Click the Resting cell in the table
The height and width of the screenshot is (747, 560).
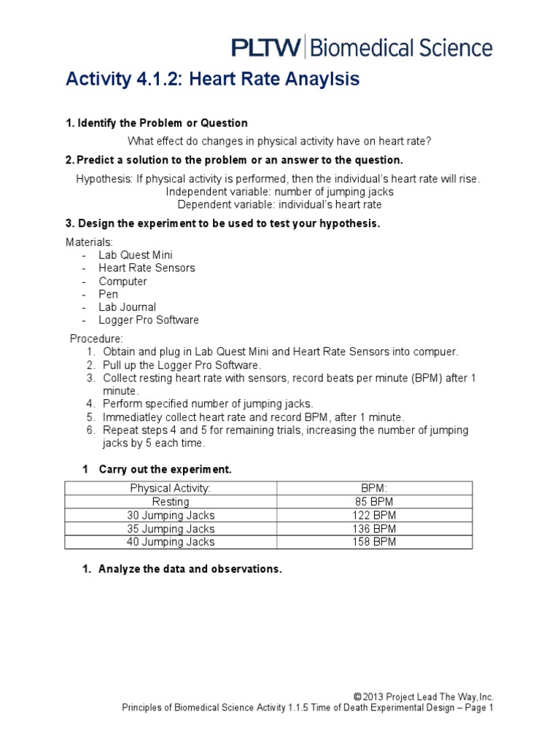pyautogui.click(x=170, y=502)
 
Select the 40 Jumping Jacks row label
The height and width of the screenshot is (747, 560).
pyautogui.click(x=170, y=541)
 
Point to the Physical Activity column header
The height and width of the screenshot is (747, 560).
pyautogui.click(x=170, y=488)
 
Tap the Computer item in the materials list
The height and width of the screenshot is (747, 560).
pyautogui.click(x=122, y=282)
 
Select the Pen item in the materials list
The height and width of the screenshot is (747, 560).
pyautogui.click(x=108, y=295)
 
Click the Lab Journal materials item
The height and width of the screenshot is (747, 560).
pyautogui.click(x=128, y=308)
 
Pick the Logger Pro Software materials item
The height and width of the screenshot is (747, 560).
pyautogui.click(x=149, y=320)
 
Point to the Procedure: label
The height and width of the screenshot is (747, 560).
pyautogui.click(x=96, y=339)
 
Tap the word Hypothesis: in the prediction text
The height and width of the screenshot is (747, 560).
pyautogui.click(x=104, y=179)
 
